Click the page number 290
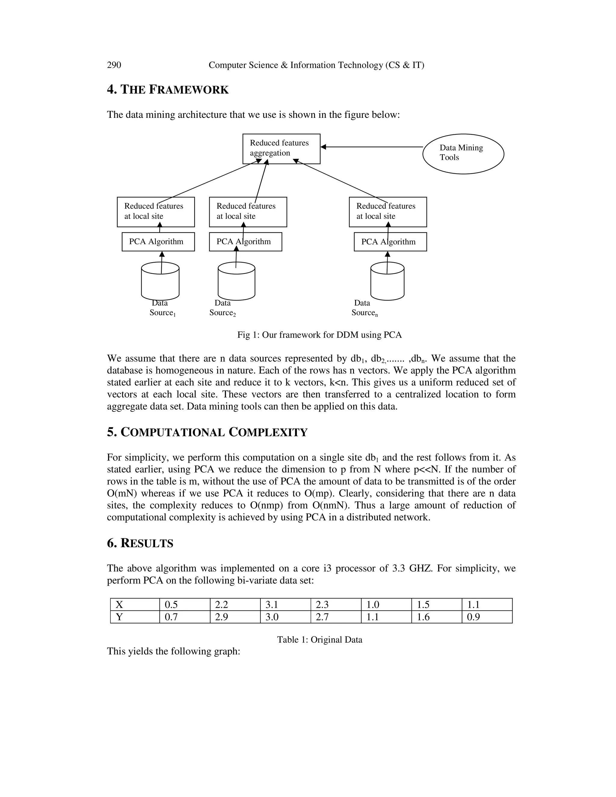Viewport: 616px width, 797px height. tap(114, 65)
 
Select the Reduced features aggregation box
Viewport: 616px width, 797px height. tap(281, 149)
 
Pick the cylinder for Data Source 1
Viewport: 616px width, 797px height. tap(160, 282)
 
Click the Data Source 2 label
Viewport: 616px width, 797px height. tap(222, 308)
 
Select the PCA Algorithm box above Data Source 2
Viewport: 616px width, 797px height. tap(245, 242)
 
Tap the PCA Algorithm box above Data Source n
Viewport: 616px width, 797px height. tap(390, 242)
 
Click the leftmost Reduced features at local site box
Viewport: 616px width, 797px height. tap(156, 212)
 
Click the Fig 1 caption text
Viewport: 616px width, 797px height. tap(319, 335)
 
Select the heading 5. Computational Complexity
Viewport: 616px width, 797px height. tap(207, 432)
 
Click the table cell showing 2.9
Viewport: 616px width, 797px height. tap(235, 617)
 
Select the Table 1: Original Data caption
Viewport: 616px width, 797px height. tap(319, 640)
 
